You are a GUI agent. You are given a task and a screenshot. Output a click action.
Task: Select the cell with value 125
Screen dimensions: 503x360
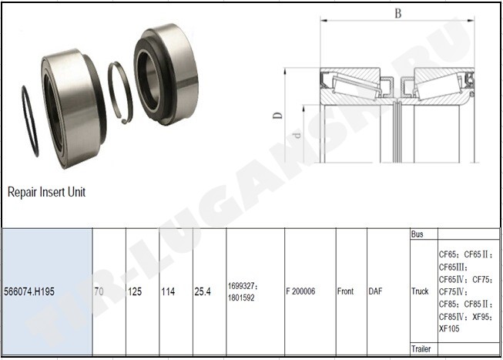coord(135,291)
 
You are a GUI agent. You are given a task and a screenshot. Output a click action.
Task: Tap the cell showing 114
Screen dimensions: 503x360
coord(168,291)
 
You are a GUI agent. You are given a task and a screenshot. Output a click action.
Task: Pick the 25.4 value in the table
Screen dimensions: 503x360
coord(203,291)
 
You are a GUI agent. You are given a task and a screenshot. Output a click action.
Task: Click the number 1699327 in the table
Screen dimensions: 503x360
coord(242,285)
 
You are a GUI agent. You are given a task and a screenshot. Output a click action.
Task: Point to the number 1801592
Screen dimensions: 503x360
coord(241,298)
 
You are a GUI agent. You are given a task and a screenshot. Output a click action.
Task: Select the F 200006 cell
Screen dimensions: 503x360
coord(300,291)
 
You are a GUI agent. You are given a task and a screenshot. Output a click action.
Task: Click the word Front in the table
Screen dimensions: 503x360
coord(345,291)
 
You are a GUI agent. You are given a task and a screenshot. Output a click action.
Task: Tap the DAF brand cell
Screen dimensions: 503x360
coord(375,291)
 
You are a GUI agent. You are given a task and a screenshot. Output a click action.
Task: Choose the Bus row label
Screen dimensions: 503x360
coord(417,234)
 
